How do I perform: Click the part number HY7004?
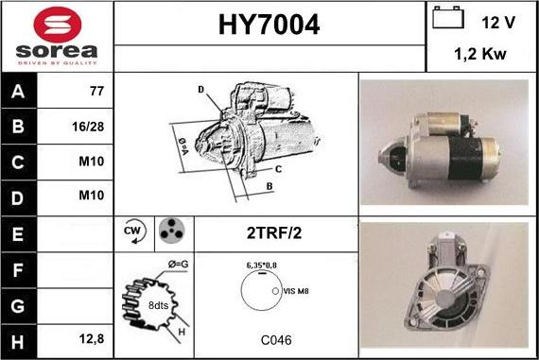click(x=269, y=25)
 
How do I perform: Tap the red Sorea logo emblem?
click(x=58, y=25)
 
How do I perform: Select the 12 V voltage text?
click(x=498, y=23)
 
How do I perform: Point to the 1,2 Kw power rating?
click(x=480, y=54)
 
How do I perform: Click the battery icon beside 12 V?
click(x=448, y=18)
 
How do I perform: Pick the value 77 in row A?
click(x=96, y=91)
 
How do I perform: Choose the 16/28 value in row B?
click(x=88, y=127)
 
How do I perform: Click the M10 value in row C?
click(x=92, y=162)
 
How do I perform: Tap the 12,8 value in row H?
click(x=92, y=339)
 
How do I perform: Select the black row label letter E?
click(x=18, y=234)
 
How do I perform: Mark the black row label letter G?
click(x=18, y=306)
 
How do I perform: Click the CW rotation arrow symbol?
click(x=135, y=231)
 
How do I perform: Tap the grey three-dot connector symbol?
click(x=172, y=231)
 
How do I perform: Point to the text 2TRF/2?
click(x=274, y=232)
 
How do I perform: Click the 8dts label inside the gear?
click(x=158, y=305)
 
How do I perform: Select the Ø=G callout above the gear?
click(x=178, y=265)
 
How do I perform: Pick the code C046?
click(x=276, y=340)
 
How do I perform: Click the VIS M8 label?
click(x=296, y=291)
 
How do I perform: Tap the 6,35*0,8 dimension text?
click(x=262, y=266)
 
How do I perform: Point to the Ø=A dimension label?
click(x=183, y=146)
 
